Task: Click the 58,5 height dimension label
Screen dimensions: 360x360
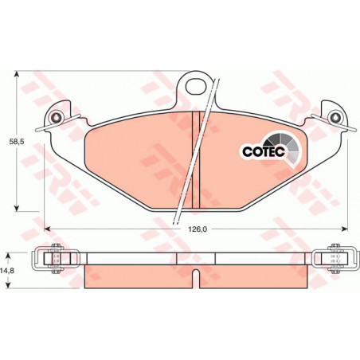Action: tap(17, 142)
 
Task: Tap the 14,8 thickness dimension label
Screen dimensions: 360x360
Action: tap(9, 271)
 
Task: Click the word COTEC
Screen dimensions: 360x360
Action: tap(264, 151)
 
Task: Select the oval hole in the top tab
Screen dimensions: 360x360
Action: tap(196, 86)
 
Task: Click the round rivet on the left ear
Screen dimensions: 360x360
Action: tap(57, 117)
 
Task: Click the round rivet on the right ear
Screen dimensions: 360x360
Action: tap(334, 117)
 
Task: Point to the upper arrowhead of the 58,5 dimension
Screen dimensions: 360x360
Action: tap(17, 74)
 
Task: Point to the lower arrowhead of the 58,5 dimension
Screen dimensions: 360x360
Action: tap(17, 208)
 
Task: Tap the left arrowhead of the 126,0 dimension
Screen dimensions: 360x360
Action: tap(48, 229)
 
